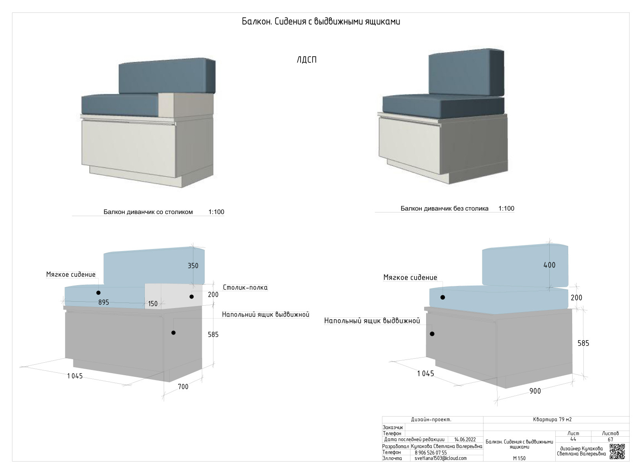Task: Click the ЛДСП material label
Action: [x=307, y=60]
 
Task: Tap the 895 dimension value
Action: [x=104, y=302]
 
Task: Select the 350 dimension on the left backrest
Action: [x=193, y=266]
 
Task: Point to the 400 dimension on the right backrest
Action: [x=549, y=265]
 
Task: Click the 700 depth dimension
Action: [x=183, y=386]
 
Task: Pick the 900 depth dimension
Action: [x=535, y=391]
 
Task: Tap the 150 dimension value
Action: [x=153, y=304]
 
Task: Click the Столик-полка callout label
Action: [x=245, y=287]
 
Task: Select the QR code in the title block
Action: [x=617, y=452]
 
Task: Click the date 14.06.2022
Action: [x=465, y=439]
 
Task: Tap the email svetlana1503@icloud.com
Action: [x=441, y=458]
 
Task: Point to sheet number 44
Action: [x=573, y=439]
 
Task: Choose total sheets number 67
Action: [x=610, y=439]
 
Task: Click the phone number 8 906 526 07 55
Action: [x=431, y=452]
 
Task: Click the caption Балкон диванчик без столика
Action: [x=444, y=208]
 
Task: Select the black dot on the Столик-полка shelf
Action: [x=192, y=297]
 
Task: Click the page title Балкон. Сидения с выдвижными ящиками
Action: [x=321, y=22]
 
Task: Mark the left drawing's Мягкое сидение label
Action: [x=71, y=275]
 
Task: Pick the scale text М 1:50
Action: [x=519, y=458]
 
